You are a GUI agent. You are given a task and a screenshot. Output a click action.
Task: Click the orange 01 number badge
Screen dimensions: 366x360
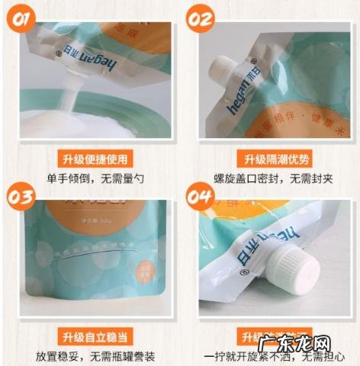tap(20, 17)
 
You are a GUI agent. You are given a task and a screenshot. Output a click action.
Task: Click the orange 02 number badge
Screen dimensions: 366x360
tap(200, 17)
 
